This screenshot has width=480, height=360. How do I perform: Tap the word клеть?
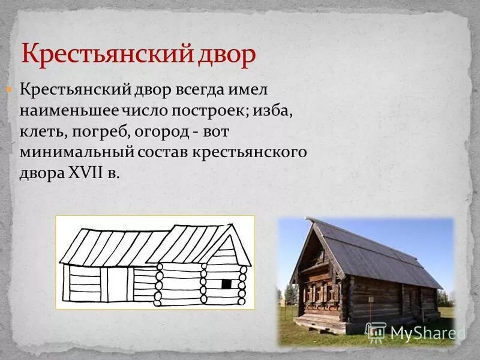pyautogui.click(x=38, y=132)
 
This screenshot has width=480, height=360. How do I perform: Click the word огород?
pyautogui.click(x=157, y=132)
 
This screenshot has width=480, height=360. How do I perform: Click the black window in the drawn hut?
pyautogui.click(x=226, y=283)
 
